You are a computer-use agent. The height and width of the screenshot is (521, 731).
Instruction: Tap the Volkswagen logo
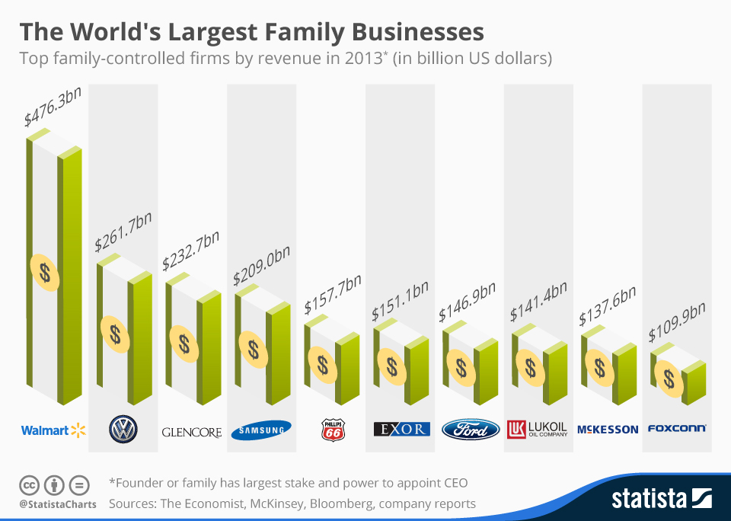coord(123,430)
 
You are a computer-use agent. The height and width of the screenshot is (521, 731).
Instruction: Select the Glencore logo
coord(192,432)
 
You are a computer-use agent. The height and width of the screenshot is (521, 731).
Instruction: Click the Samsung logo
coord(261,430)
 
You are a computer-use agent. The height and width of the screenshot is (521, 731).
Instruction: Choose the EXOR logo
coord(401,429)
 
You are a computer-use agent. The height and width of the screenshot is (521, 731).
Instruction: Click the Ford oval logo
coord(471,430)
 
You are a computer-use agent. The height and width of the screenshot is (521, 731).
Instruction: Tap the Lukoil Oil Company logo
coord(538,430)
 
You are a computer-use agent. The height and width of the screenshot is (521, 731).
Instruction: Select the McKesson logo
coord(608,430)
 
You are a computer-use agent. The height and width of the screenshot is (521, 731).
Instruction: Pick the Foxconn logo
coord(676,429)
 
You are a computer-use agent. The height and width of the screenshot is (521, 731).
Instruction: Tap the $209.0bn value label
coord(261,262)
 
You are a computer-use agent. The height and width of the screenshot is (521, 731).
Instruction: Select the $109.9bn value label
coord(677,323)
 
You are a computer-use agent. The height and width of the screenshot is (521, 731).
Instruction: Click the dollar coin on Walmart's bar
coord(46,272)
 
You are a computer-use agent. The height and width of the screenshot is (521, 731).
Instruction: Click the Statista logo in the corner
coord(661,499)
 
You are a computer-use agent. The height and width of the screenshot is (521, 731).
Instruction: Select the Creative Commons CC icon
coord(29,484)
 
